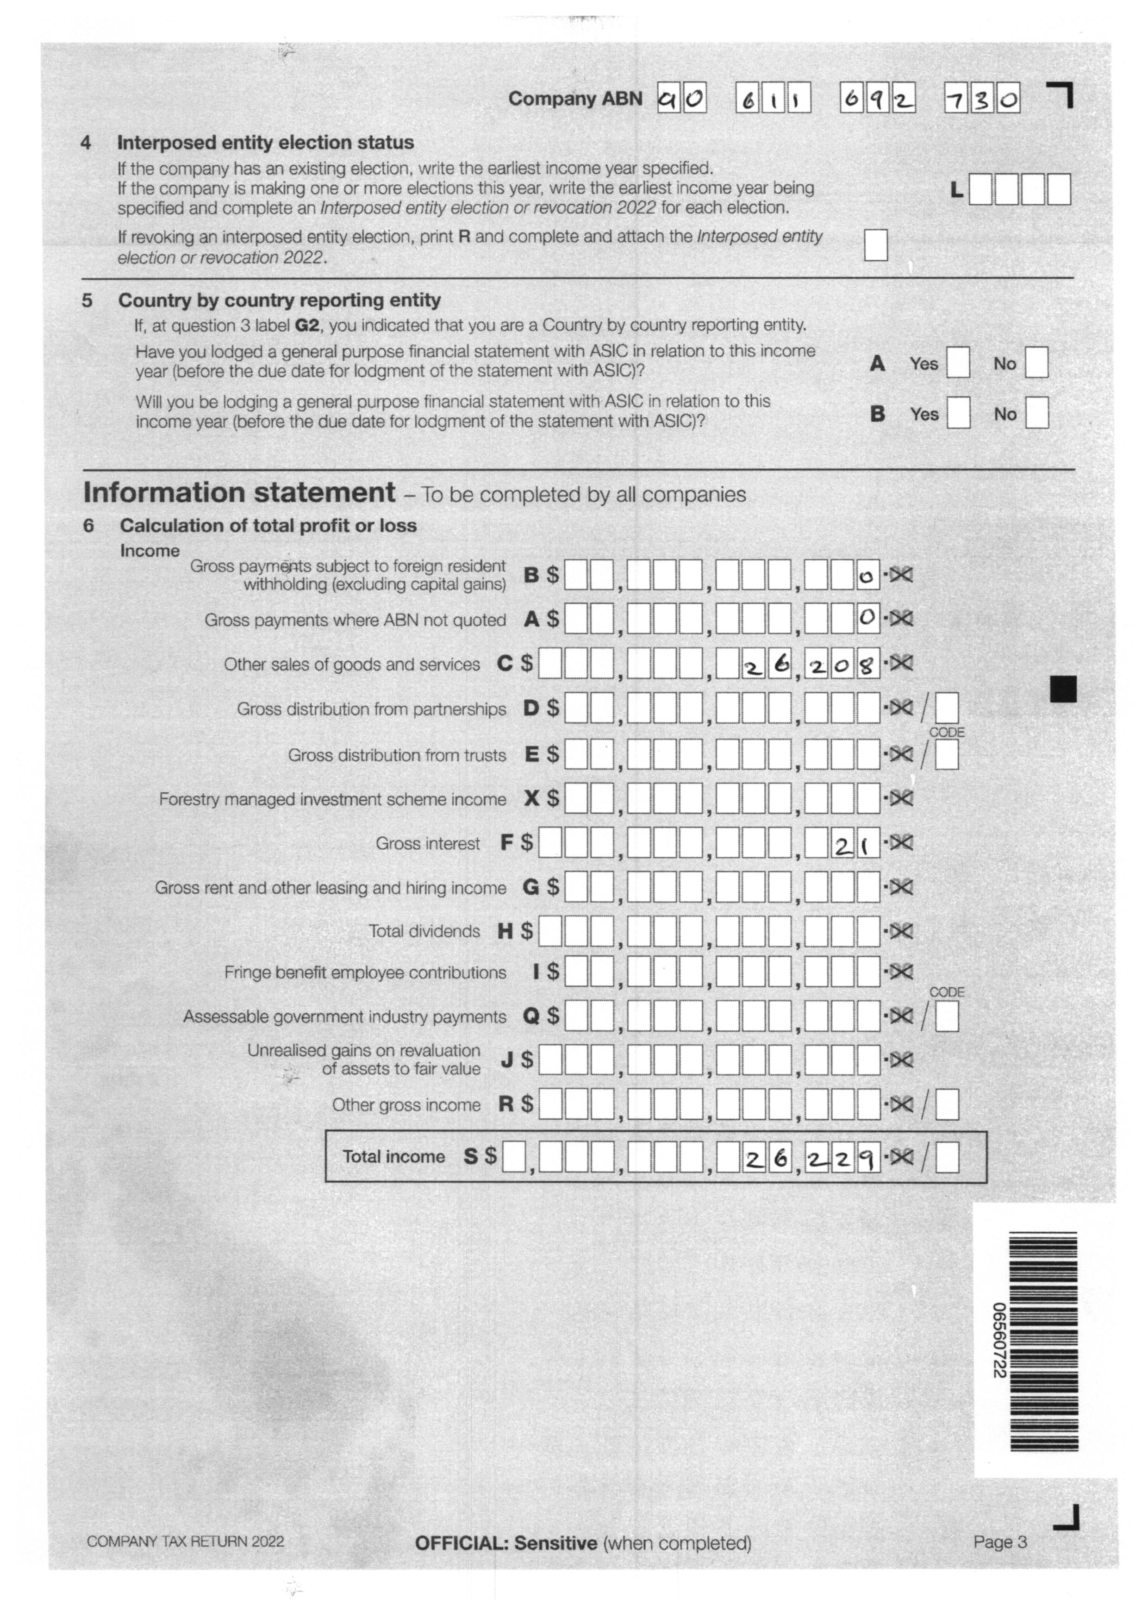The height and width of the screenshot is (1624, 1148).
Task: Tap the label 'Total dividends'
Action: pyautogui.click(x=424, y=932)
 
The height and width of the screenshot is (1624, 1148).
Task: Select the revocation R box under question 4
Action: pyautogui.click(x=875, y=245)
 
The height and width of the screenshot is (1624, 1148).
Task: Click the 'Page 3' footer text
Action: pyautogui.click(x=999, y=1542)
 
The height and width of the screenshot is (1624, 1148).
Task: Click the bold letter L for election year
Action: pyautogui.click(x=956, y=189)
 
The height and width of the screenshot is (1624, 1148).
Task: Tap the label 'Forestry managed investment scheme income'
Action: pyautogui.click(x=332, y=799)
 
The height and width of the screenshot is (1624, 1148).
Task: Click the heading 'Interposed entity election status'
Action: pyautogui.click(x=265, y=143)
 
